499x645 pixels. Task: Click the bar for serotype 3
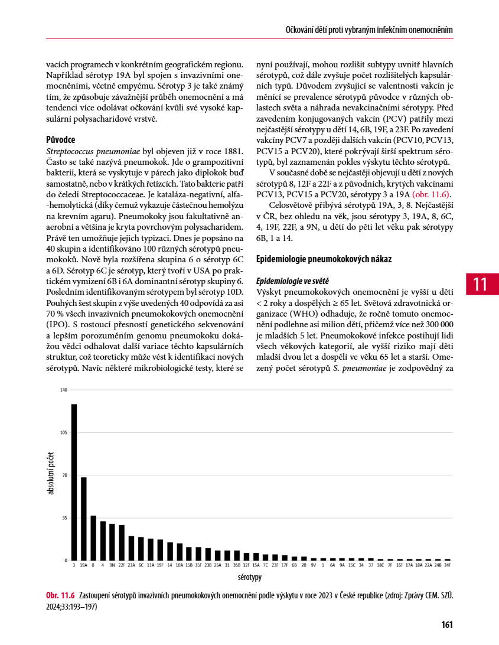74,482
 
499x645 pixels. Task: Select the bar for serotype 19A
84,519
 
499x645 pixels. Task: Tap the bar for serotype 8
93,537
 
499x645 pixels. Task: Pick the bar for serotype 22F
122,542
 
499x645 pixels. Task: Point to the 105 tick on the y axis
64,432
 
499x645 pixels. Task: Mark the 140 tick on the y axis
64,390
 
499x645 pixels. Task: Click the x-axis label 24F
447,565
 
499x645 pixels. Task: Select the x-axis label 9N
112,565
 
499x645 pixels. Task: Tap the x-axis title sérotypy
250,577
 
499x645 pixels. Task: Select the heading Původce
60,140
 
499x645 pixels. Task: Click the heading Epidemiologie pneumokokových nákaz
324,259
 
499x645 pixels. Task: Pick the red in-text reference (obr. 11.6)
432,194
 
